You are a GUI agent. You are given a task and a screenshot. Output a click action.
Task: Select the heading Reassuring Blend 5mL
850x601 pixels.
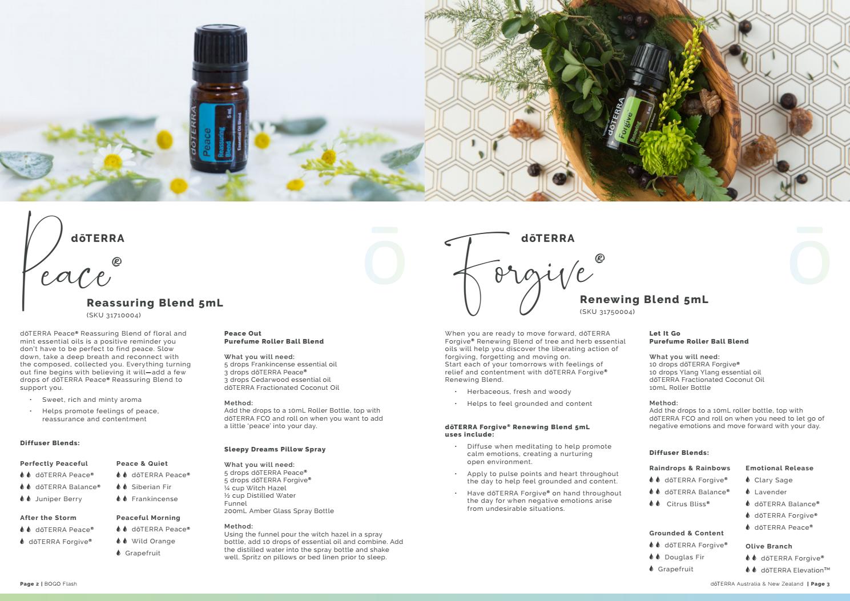coord(155,302)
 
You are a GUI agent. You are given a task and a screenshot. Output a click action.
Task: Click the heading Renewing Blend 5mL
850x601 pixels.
coord(644,300)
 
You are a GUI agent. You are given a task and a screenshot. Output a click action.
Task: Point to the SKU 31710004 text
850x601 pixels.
coord(114,315)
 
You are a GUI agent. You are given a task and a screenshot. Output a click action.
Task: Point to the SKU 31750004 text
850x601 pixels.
coord(607,312)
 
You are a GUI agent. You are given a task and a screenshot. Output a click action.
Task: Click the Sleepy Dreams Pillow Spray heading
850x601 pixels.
coord(275,449)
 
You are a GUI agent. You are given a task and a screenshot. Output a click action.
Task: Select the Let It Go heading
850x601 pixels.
coord(665,333)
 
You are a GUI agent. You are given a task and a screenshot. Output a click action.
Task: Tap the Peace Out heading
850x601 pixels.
coord(243,333)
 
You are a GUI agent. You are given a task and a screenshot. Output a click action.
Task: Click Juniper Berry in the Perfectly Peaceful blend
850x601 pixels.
coord(58,499)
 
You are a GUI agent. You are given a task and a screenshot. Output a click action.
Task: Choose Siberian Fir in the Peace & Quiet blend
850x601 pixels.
coord(151,487)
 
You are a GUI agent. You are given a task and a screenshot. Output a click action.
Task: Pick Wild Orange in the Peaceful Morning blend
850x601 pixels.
coord(154,541)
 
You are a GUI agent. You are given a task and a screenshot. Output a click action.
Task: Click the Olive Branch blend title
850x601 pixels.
coord(769,546)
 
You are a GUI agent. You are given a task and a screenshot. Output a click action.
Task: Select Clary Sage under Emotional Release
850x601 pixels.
coord(774,481)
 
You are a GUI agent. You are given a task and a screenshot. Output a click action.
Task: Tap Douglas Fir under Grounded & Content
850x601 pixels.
coord(684,558)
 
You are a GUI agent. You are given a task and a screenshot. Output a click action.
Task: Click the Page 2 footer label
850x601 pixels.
coord(29,584)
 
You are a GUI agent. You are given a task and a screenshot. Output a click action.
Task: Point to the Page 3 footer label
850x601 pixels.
coord(820,584)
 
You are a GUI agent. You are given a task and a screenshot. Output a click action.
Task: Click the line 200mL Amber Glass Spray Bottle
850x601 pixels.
coord(279,511)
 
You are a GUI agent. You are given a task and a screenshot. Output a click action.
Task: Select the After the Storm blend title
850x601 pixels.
coord(48,518)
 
